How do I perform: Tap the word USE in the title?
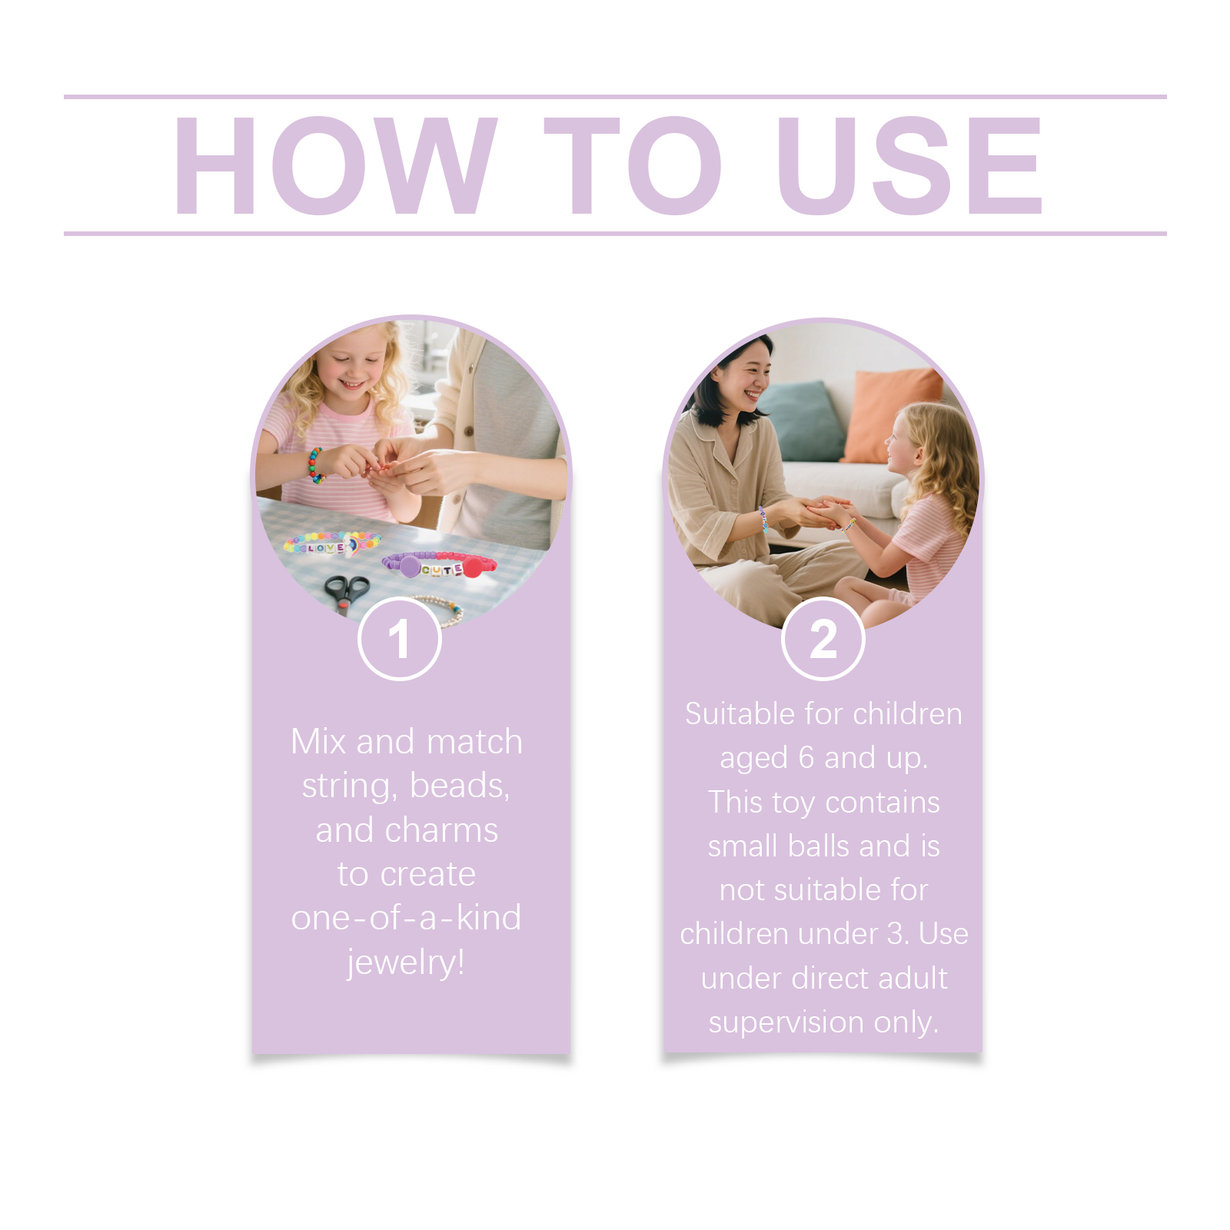tap(910, 165)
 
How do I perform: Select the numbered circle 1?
tap(400, 639)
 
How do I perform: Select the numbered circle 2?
tap(823, 639)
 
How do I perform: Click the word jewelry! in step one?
tap(406, 962)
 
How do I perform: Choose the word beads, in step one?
tap(460, 786)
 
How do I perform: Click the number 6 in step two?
tap(806, 758)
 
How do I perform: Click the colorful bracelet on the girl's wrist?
tap(316, 465)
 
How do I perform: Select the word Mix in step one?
tap(318, 742)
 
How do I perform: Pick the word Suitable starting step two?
tap(740, 713)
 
